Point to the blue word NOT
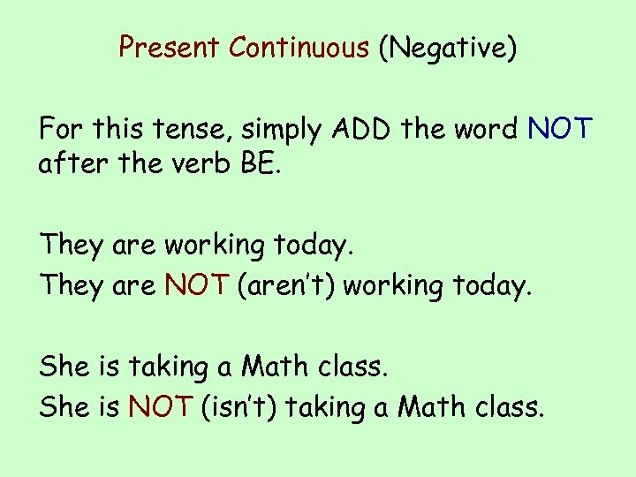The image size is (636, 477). coord(561,131)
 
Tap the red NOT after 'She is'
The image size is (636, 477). coord(160,406)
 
